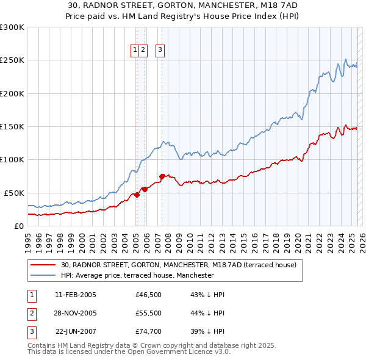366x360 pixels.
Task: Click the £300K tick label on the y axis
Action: coord(12,27)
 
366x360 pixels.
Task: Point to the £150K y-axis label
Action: coord(12,126)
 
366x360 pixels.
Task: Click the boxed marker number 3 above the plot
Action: coord(160,51)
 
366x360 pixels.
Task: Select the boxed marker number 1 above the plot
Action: coord(135,51)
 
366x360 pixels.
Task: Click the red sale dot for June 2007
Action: coord(162,176)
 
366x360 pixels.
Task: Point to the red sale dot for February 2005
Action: coord(137,195)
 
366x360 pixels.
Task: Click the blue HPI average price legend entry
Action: coord(137,275)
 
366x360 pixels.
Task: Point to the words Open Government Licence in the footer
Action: coord(171,352)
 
